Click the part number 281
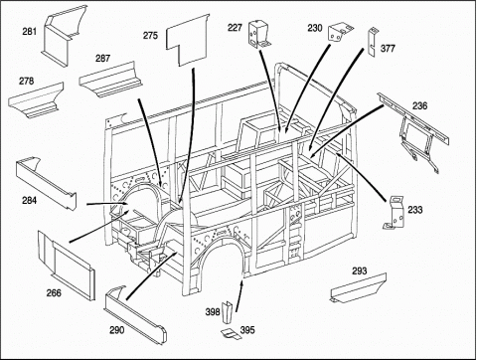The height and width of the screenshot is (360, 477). point(29,32)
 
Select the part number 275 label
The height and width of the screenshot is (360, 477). point(150,35)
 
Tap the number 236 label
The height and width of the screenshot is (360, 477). point(419,105)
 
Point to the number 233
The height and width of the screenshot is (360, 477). point(415,210)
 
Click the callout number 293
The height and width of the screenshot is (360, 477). point(359,270)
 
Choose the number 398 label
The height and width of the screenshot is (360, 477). point(213,312)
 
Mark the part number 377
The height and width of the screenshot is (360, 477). point(388,49)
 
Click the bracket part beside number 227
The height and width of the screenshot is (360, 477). point(259,34)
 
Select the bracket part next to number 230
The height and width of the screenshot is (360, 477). point(340,32)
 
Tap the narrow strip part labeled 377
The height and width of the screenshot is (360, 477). point(372,42)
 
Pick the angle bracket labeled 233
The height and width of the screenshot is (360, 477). point(395,213)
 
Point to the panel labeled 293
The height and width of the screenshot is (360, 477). point(358,288)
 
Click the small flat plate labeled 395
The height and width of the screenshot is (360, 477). point(232,333)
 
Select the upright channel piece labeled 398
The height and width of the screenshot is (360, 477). point(228,312)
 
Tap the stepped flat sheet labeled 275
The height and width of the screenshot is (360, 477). point(188,40)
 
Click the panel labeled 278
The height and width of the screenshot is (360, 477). point(37,100)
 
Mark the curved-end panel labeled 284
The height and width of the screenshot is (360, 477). point(45,182)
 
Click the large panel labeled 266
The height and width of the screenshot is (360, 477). point(67,265)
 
